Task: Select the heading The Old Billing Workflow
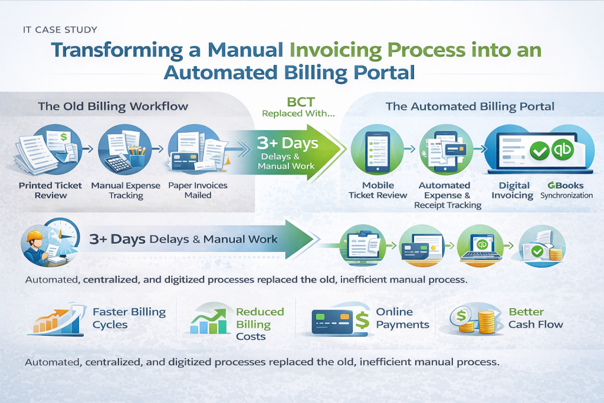click(x=113, y=106)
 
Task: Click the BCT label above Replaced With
click(x=301, y=101)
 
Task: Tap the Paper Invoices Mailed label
click(x=198, y=190)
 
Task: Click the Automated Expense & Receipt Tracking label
click(x=448, y=195)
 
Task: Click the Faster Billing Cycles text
click(x=129, y=318)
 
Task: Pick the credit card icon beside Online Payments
click(x=332, y=321)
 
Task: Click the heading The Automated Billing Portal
click(x=470, y=106)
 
